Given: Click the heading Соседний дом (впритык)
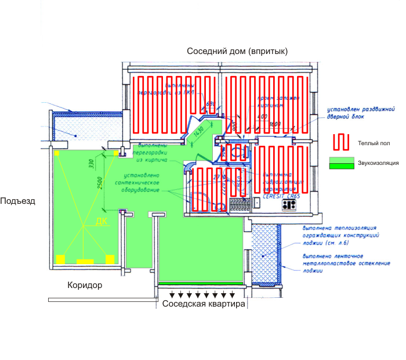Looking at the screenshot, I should (237, 52).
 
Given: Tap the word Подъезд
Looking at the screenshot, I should (17, 201).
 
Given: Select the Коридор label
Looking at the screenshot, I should (85, 286).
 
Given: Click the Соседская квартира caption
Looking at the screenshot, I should (204, 305).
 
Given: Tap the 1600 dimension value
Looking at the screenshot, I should (274, 124).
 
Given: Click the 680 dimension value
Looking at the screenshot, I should (211, 105).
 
